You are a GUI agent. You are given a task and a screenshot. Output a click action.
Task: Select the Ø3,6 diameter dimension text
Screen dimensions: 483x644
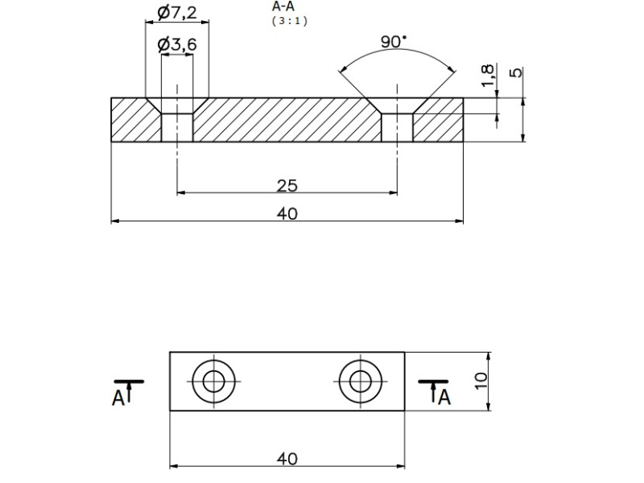pos(177,45)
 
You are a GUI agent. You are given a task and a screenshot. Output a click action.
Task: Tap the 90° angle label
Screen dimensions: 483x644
pos(394,42)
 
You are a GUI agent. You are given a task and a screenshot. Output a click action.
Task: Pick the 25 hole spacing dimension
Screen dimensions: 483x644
pos(287,186)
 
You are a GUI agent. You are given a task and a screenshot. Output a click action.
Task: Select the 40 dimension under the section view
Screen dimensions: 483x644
pos(287,213)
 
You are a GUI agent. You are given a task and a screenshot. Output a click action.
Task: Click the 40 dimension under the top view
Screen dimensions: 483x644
pos(287,459)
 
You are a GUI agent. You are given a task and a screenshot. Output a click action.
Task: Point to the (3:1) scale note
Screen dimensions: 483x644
pos(289,21)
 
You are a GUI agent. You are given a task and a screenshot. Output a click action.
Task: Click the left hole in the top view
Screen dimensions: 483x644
pos(213,381)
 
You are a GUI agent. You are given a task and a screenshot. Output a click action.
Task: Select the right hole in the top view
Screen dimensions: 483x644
pos(360,381)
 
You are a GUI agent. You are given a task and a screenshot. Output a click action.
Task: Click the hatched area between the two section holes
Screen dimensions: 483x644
pos(287,120)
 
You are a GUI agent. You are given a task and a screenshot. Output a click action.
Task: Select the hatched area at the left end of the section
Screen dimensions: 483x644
pos(133,121)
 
